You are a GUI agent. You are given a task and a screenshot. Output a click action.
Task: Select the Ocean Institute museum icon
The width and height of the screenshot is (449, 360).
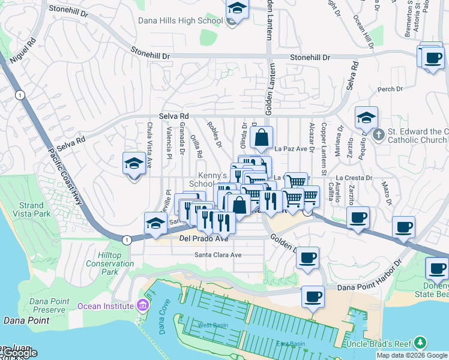(x=142, y=305)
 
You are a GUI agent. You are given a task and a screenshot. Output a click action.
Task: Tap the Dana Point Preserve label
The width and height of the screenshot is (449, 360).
(x=41, y=305)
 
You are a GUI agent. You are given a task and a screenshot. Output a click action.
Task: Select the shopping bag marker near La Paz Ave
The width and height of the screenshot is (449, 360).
(x=262, y=138)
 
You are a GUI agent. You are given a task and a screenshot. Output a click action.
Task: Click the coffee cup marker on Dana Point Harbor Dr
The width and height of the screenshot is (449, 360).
(x=312, y=297)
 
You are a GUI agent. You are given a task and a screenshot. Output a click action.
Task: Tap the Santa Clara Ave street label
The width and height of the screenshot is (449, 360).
(x=217, y=255)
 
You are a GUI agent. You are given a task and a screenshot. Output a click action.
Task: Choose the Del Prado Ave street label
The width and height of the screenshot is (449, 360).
(x=204, y=238)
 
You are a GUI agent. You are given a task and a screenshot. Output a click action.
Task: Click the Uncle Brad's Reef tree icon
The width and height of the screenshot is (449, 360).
(x=421, y=343)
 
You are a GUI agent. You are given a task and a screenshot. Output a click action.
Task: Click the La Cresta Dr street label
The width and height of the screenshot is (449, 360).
(x=354, y=178)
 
